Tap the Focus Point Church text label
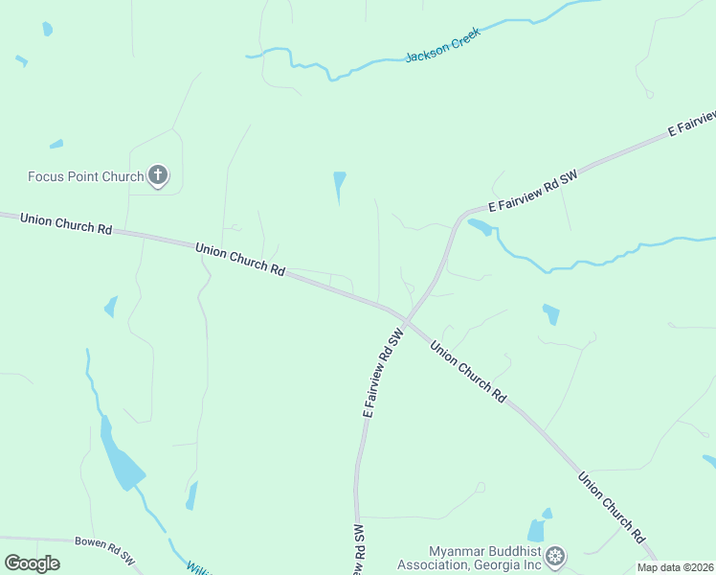pyautogui.click(x=85, y=176)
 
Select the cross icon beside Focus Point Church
pyautogui.click(x=158, y=175)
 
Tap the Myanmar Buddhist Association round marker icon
pyautogui.click(x=556, y=556)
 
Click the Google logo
pyautogui.click(x=33, y=563)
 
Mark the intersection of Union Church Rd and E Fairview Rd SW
pyautogui.click(x=406, y=317)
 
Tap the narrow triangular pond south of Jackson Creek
pyautogui.click(x=339, y=185)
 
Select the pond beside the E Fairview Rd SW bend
pyautogui.click(x=481, y=227)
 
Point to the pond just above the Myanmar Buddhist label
pyautogui.click(x=537, y=530)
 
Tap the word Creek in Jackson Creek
pyautogui.click(x=461, y=39)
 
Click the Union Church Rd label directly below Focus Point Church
pyautogui.click(x=66, y=224)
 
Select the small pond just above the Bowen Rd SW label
pyautogui.click(x=191, y=495)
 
